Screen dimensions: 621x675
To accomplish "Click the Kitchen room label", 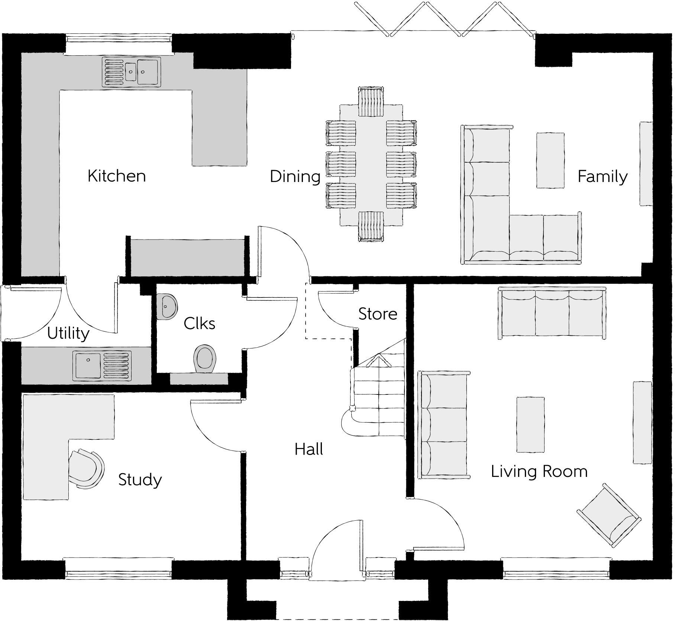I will click(x=116, y=176).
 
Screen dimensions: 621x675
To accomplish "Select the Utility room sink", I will click(x=103, y=366).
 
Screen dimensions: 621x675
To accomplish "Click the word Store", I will click(x=377, y=314).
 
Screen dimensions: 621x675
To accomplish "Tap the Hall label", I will click(x=309, y=449).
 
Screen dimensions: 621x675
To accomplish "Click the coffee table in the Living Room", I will click(x=530, y=425).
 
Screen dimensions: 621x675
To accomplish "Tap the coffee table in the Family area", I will click(x=550, y=160).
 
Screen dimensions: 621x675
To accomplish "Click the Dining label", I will click(x=295, y=176).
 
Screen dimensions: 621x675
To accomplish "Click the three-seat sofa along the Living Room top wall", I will click(x=552, y=313).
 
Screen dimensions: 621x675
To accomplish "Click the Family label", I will click(x=602, y=176).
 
